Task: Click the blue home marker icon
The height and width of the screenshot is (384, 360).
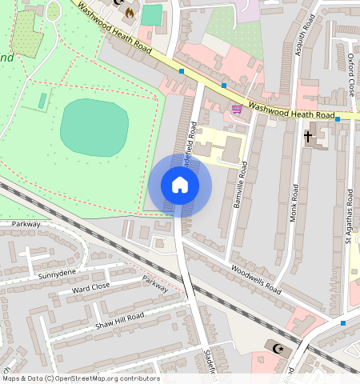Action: tap(180, 186)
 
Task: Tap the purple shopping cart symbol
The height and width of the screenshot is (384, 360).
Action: tap(237, 109)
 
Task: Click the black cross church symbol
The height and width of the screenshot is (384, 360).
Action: tap(307, 137)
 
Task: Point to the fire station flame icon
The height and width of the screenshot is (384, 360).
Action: tap(129, 12)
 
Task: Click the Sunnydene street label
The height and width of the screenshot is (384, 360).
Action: tap(34, 274)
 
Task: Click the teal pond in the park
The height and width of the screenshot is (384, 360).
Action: tap(94, 128)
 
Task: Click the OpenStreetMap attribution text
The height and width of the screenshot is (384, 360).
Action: tap(81, 378)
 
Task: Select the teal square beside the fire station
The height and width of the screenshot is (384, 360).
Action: tap(151, 14)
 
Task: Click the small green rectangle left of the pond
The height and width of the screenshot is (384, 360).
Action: tap(42, 101)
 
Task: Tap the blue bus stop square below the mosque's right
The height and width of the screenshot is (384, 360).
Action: tap(342, 323)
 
